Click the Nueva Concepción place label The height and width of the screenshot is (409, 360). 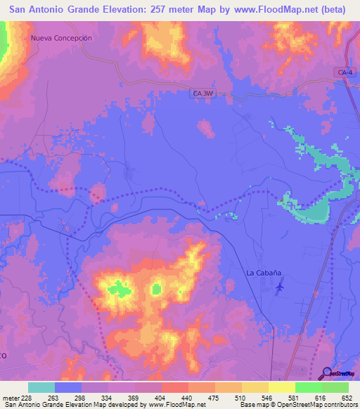62,38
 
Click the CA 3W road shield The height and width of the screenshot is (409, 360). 202,92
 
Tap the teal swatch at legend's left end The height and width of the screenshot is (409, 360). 41,387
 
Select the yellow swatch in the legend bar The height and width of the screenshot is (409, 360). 282,387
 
